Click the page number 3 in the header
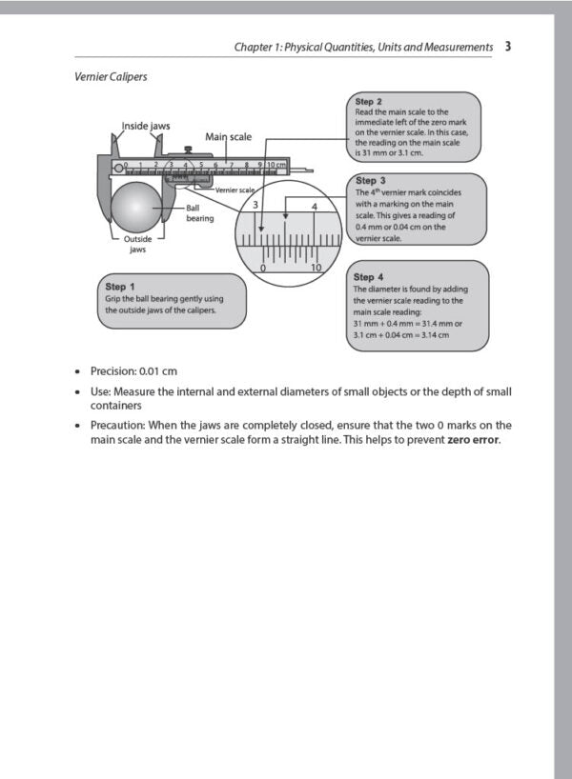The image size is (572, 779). point(509,46)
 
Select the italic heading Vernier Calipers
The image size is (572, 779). point(111,76)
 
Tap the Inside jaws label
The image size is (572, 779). point(146,126)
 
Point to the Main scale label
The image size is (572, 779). point(228,137)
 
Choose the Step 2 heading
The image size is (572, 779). point(369,101)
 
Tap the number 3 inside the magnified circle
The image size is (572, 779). point(255,205)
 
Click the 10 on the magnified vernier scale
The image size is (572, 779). point(317,268)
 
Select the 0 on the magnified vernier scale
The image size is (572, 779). point(263,268)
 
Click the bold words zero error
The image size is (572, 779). point(473,440)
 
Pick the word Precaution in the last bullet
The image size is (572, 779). point(117,425)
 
